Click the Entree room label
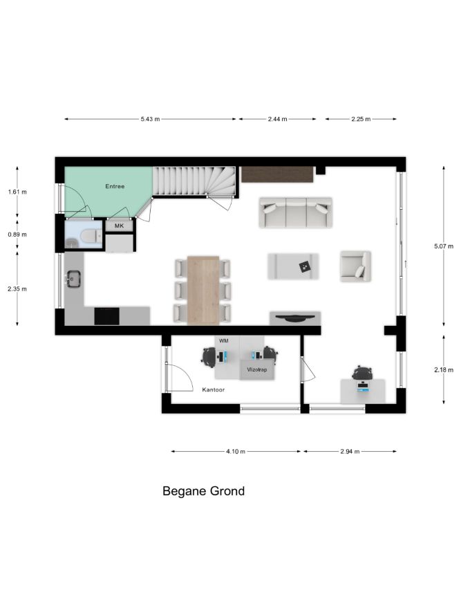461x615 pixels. coord(115,186)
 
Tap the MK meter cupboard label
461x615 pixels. coord(119,226)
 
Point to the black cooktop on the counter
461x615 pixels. coord(106,316)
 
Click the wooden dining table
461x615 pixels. coord(203,291)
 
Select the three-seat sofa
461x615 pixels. coord(296,212)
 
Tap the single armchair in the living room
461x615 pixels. coord(355,266)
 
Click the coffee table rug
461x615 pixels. coord(293,266)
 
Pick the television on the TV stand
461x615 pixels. coord(295,318)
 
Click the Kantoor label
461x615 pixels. coord(214,389)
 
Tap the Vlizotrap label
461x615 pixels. coord(257,369)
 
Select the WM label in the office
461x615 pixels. coord(223,341)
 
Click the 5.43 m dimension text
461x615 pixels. coord(150,119)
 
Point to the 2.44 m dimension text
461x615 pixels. coord(278,119)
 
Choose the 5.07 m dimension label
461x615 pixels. coord(443,246)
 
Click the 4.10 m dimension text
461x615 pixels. coord(236,452)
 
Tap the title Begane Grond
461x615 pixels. coord(203,491)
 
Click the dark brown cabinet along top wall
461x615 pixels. coord(278,174)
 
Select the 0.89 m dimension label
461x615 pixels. coord(17,235)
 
